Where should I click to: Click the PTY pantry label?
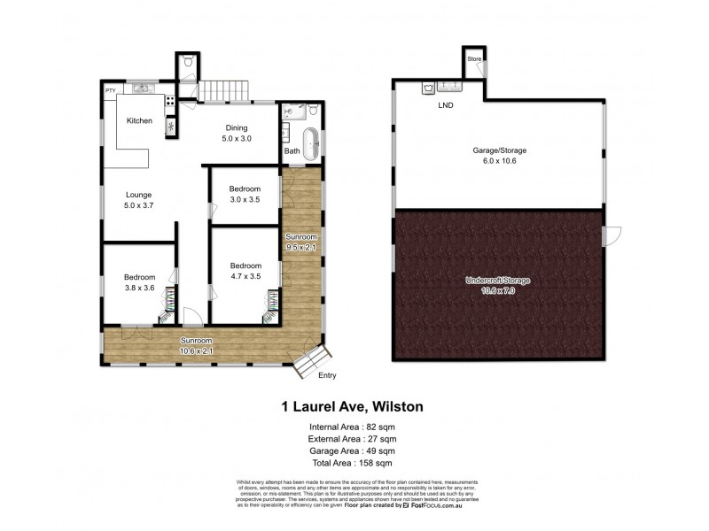click(111, 91)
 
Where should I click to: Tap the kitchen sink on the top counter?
click(142, 88)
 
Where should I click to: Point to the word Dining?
click(237, 127)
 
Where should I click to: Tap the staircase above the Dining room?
click(222, 89)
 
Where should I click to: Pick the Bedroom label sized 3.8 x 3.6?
click(139, 277)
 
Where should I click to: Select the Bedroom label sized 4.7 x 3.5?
click(245, 265)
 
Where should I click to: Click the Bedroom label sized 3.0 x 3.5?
click(245, 189)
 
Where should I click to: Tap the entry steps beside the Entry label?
click(312, 360)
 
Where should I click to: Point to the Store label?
click(474, 59)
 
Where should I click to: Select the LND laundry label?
click(445, 106)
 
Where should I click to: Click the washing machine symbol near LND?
click(427, 88)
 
